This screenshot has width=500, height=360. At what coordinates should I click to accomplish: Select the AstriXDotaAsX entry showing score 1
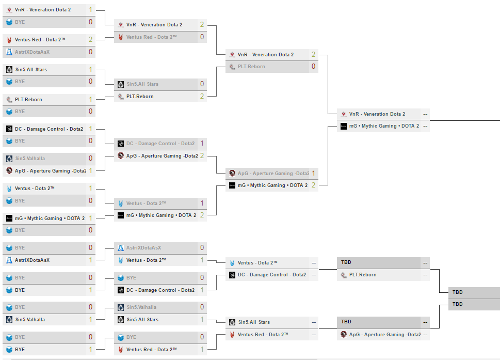[x=32, y=260]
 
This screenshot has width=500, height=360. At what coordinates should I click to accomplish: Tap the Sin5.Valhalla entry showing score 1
[x=30, y=320]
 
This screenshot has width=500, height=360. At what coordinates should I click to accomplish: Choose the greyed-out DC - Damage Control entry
[x=160, y=144]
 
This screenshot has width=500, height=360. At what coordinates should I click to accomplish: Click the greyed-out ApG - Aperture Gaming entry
[x=273, y=174]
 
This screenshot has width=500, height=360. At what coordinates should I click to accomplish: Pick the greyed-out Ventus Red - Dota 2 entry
[x=151, y=37]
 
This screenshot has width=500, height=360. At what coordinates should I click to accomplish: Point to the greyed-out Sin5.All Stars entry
[x=142, y=84]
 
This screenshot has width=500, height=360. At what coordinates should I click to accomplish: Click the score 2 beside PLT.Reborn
[x=202, y=97]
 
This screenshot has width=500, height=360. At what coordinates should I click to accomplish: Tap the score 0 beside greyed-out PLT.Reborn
[x=313, y=67]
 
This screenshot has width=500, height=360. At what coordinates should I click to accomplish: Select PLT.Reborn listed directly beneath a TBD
[x=362, y=275]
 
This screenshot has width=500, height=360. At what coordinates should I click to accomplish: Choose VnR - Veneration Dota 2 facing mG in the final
[x=377, y=114]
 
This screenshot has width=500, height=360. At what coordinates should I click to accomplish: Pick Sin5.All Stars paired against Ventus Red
[x=254, y=322]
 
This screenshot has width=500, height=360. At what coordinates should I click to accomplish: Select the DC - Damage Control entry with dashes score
[x=271, y=275]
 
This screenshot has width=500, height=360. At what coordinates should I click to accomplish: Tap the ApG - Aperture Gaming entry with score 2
[x=162, y=156]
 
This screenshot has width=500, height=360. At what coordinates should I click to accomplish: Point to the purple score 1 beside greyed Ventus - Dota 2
[x=202, y=204]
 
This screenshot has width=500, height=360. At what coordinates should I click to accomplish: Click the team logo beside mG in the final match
[x=344, y=126]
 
